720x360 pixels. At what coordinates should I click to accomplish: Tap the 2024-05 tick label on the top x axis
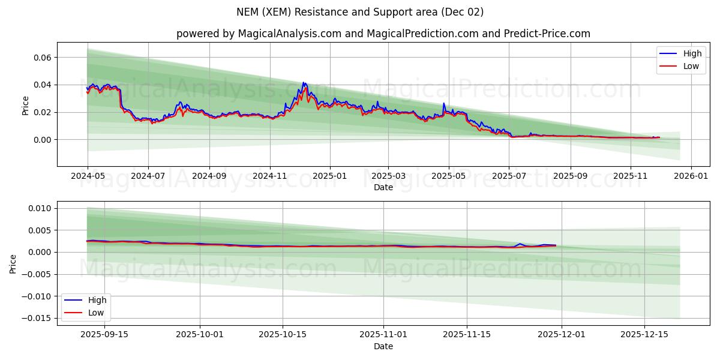[x=88, y=176]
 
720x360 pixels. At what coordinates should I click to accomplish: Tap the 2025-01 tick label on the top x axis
[x=329, y=176]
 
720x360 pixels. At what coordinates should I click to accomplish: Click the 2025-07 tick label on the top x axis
[x=509, y=176]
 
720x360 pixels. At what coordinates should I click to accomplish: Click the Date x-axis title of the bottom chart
[x=383, y=346]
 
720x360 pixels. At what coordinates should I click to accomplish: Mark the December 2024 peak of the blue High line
[x=304, y=83]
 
